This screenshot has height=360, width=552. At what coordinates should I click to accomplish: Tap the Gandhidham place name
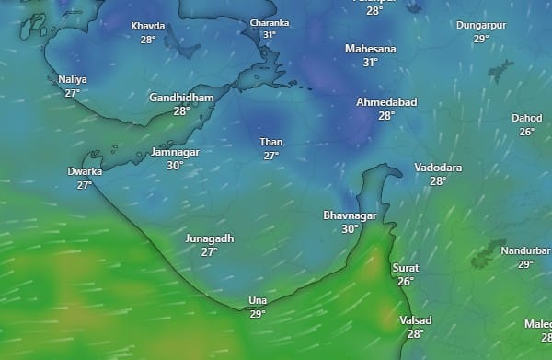click(x=181, y=98)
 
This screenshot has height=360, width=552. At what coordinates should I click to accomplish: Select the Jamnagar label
click(x=175, y=153)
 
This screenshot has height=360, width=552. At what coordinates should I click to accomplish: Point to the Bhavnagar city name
click(x=350, y=215)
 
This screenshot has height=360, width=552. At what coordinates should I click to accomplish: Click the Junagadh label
click(x=210, y=238)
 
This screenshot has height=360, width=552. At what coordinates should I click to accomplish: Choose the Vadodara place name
click(x=438, y=168)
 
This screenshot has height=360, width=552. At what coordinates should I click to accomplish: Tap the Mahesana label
click(x=370, y=48)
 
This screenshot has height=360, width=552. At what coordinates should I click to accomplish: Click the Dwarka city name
click(x=85, y=171)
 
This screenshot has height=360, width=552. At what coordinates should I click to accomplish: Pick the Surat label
click(x=406, y=268)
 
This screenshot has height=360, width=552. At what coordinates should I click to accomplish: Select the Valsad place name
click(x=416, y=320)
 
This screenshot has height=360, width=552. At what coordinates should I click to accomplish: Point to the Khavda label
click(x=148, y=27)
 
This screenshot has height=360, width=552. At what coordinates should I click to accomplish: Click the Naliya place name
click(x=73, y=79)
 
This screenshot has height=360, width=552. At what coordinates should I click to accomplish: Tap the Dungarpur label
click(x=481, y=25)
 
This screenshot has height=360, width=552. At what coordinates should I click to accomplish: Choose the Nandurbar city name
click(x=525, y=251)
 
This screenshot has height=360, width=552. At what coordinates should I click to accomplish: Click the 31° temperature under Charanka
click(x=270, y=35)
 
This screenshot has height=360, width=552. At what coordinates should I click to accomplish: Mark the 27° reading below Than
click(x=271, y=156)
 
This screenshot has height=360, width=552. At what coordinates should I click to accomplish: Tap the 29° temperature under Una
click(x=257, y=314)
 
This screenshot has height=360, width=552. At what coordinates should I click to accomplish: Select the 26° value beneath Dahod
click(x=526, y=132)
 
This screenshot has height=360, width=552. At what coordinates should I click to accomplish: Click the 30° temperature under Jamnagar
click(x=175, y=166)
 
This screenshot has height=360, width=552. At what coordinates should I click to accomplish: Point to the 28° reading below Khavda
click(x=148, y=40)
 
